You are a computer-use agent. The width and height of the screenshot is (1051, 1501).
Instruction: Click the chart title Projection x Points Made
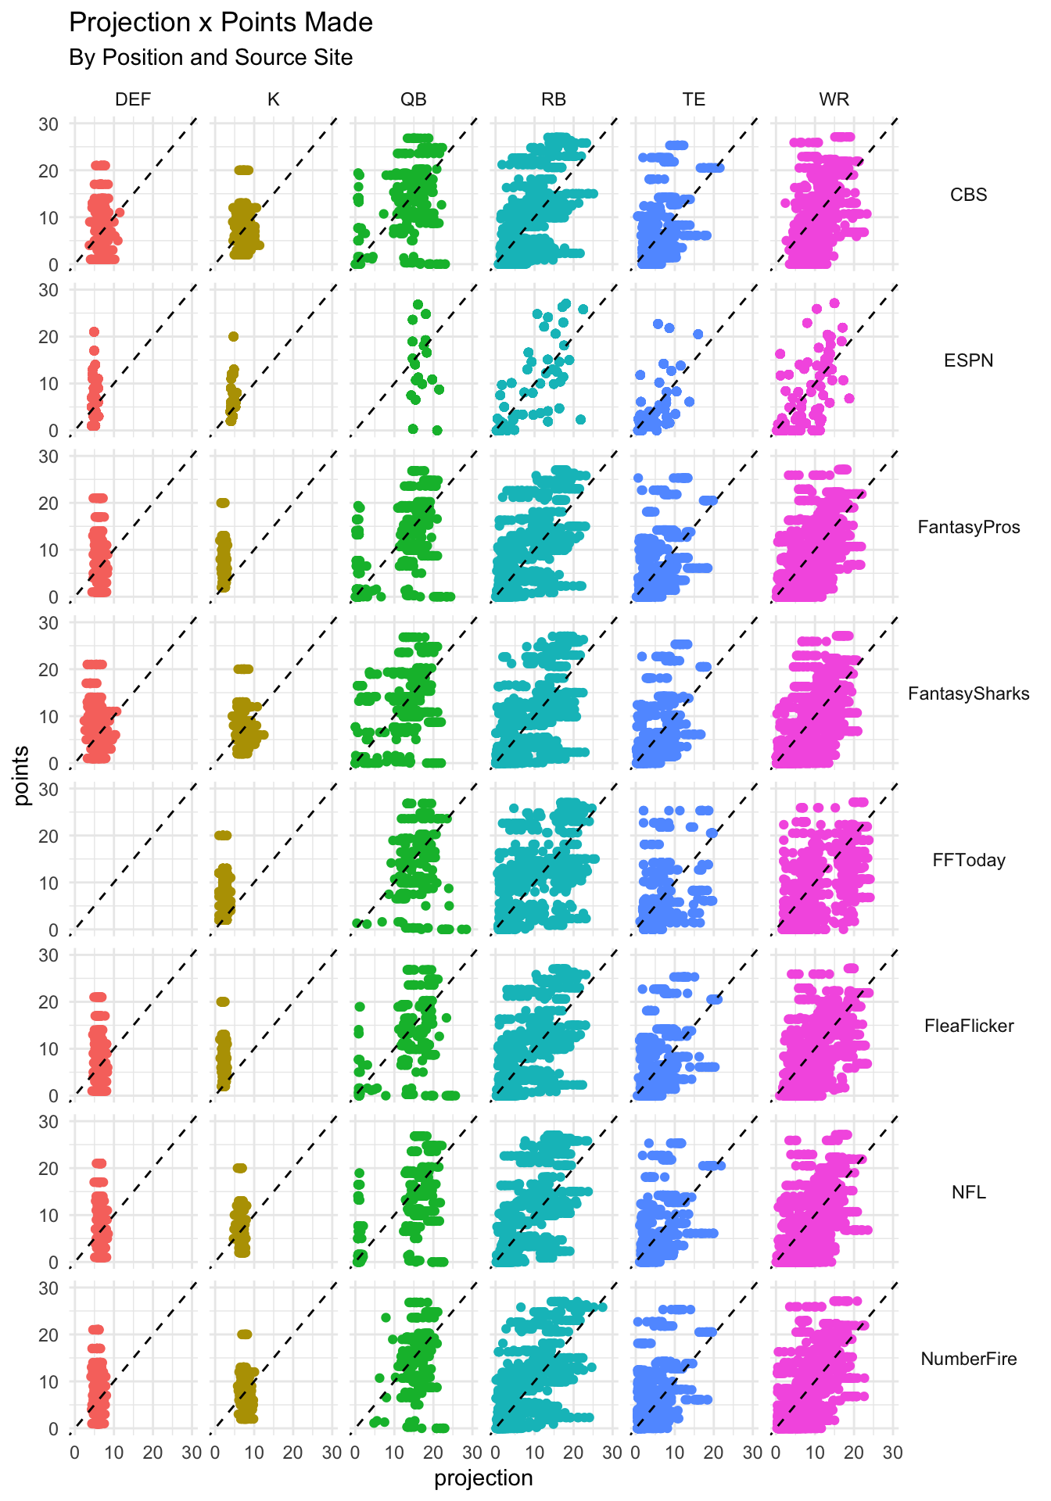click(x=221, y=23)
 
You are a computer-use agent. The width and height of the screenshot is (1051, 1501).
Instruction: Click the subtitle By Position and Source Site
click(x=210, y=58)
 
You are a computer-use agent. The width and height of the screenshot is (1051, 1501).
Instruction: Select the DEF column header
click(x=133, y=99)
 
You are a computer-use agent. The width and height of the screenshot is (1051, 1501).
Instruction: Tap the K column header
click(x=273, y=99)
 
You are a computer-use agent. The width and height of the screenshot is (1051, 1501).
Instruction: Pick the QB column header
click(x=414, y=99)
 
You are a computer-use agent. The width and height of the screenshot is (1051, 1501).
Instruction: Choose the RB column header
click(x=554, y=99)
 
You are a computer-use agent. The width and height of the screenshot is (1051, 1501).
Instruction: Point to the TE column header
click(x=694, y=99)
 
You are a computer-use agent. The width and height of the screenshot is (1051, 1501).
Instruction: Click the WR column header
click(x=834, y=99)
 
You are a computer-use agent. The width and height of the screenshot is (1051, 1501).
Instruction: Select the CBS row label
click(x=968, y=195)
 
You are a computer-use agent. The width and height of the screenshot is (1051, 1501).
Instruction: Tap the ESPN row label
click(x=968, y=361)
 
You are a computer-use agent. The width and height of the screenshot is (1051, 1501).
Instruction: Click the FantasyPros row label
click(x=968, y=528)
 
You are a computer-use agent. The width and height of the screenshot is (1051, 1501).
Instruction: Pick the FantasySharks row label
click(x=968, y=694)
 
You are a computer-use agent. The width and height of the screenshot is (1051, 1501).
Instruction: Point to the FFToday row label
click(x=968, y=861)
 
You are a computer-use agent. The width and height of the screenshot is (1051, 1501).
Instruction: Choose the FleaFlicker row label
click(x=968, y=1026)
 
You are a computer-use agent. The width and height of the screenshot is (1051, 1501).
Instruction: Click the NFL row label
click(x=968, y=1193)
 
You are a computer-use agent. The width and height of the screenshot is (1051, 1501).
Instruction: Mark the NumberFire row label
click(x=968, y=1359)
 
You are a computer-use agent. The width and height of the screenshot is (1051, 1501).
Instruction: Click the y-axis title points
click(x=22, y=776)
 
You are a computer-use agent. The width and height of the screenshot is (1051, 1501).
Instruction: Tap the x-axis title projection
click(x=483, y=1478)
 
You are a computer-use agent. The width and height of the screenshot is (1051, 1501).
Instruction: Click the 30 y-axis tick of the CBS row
click(x=49, y=124)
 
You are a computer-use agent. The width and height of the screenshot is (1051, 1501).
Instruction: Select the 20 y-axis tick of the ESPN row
click(x=49, y=337)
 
